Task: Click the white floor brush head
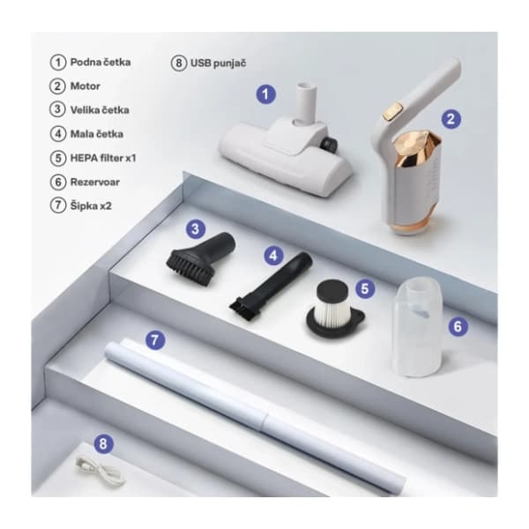pos(286,152)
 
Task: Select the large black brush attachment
pos(200,258)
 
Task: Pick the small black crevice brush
pos(271,286)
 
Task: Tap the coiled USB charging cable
pos(101,470)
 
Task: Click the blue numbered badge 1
pos(266,94)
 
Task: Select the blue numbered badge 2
pos(451,119)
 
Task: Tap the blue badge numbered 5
pos(365,288)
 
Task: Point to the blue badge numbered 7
pos(155,339)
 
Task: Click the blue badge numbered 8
pos(103,443)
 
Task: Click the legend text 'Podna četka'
pos(101,62)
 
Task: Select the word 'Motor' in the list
pos(85,86)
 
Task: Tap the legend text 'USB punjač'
pos(219,63)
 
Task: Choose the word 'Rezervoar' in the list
pos(95,183)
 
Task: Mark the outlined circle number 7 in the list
pos(58,205)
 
